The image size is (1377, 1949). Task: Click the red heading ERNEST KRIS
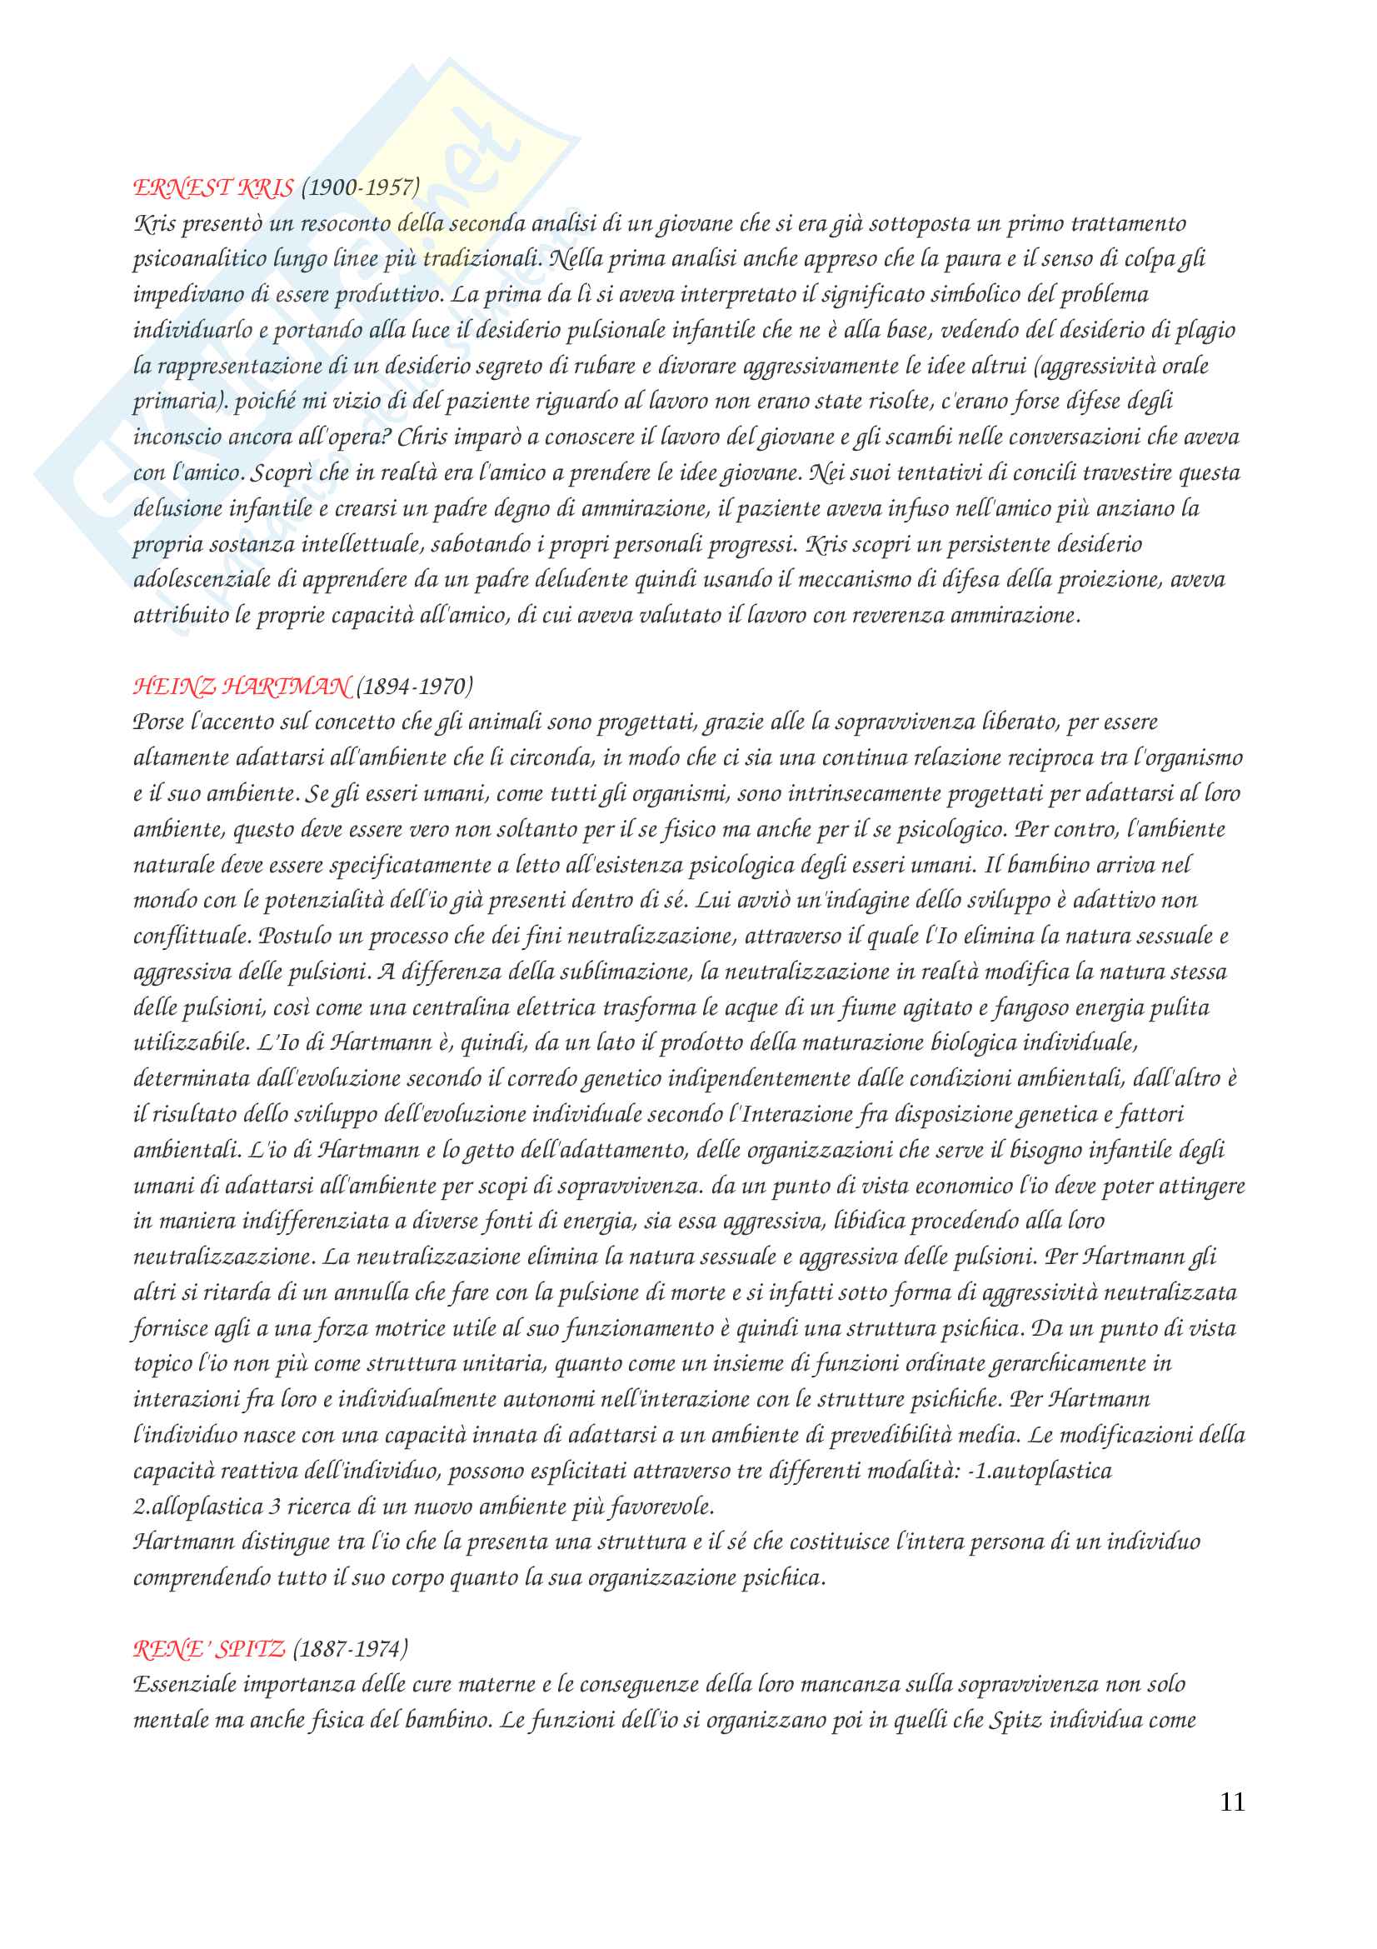click(213, 187)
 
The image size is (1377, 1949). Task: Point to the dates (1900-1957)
click(360, 187)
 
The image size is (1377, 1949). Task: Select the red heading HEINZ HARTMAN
click(242, 686)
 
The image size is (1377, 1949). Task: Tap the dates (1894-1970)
click(414, 686)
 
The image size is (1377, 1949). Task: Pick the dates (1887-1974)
click(350, 1648)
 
